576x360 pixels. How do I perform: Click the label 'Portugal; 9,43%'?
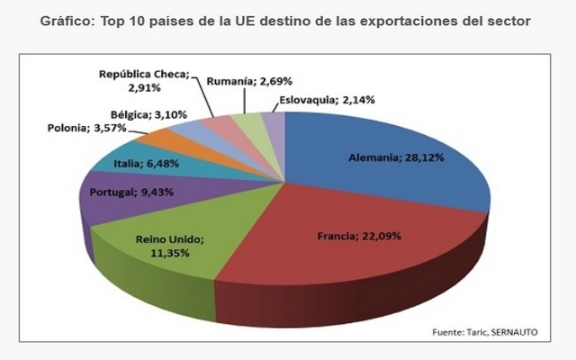pyautogui.click(x=126, y=192)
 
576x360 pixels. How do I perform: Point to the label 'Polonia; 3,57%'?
pyautogui.click(x=85, y=129)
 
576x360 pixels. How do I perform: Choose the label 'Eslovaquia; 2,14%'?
pyautogui.click(x=323, y=99)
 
